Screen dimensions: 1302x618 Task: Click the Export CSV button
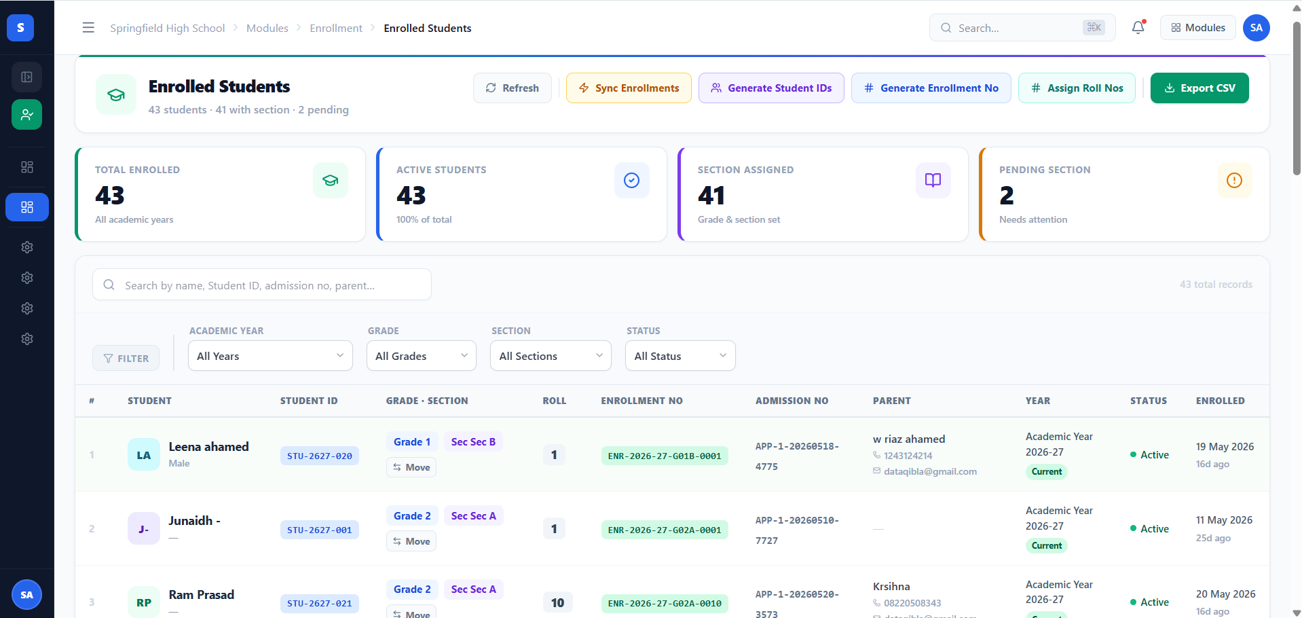[x=1199, y=88]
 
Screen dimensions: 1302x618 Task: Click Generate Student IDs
[x=771, y=88]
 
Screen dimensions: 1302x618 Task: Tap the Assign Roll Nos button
[x=1077, y=88]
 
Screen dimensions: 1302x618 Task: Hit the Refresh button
[x=513, y=88]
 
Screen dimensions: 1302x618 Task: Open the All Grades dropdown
[x=422, y=356]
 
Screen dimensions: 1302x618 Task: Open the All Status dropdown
[x=680, y=356]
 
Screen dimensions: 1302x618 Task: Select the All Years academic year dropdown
[x=270, y=356]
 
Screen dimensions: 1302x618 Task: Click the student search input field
[x=262, y=285]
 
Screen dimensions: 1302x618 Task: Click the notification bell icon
[x=1138, y=28]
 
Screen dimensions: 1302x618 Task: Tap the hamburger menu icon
[x=88, y=28]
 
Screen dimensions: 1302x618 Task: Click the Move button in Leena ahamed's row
[x=411, y=467]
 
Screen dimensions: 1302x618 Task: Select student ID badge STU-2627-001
[x=320, y=530]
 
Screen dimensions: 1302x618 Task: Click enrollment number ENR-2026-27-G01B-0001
[x=665, y=456]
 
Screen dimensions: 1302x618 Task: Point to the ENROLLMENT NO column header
[x=641, y=401]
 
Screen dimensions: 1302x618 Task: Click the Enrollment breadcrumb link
[x=336, y=28]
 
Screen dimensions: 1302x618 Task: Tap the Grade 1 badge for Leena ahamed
[x=412, y=442]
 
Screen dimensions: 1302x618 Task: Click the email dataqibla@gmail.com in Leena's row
[x=930, y=471]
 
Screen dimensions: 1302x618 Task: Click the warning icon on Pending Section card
[x=1234, y=180]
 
